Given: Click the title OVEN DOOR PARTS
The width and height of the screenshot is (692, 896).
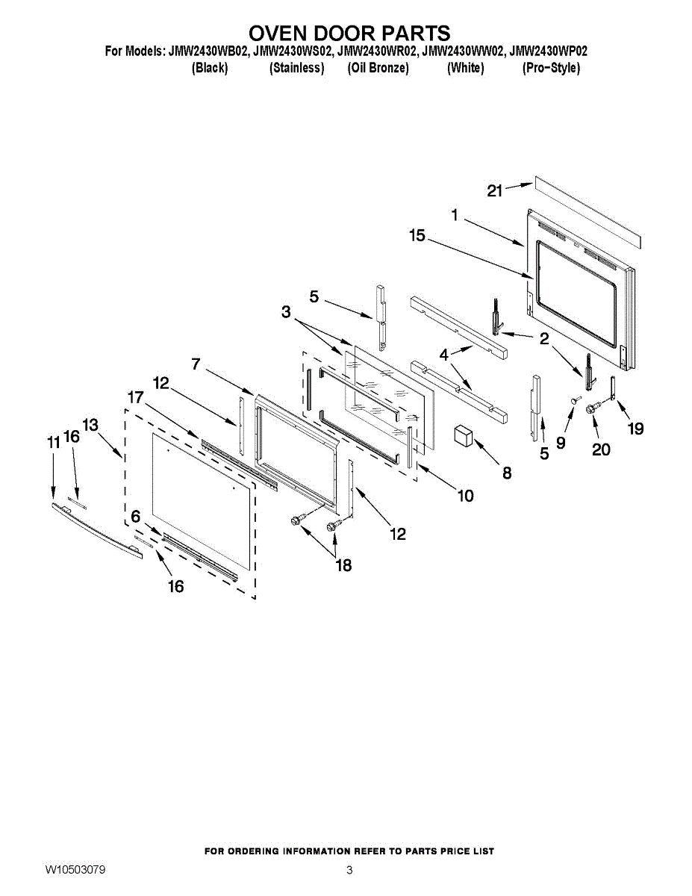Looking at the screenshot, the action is click(x=349, y=34).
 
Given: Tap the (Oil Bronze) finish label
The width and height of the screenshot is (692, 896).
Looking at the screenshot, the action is click(x=378, y=68).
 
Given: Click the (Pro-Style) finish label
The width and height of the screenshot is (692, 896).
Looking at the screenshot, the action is click(x=550, y=68).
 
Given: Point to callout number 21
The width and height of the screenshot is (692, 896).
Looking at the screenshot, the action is click(x=495, y=191).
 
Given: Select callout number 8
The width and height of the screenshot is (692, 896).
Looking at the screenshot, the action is click(x=507, y=473).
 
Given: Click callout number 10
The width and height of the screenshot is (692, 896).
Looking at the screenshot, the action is click(x=465, y=495).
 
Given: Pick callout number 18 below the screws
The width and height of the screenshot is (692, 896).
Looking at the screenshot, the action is click(x=343, y=565).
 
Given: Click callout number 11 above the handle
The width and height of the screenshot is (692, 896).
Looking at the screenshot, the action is click(x=53, y=443).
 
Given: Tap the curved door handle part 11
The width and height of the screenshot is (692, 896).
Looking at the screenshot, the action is click(x=96, y=529).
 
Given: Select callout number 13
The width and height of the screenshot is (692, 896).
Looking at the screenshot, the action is click(x=90, y=425).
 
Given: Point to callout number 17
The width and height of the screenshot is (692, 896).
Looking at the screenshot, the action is click(x=134, y=398).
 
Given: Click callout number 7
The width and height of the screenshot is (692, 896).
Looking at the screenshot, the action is click(x=196, y=364).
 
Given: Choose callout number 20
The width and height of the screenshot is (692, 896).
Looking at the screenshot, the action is click(x=600, y=449).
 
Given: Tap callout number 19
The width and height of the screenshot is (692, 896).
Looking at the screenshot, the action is click(x=635, y=429).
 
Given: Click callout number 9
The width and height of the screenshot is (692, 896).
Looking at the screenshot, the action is click(x=561, y=442).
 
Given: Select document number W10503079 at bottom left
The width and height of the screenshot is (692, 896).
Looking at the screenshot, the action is click(x=75, y=870).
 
